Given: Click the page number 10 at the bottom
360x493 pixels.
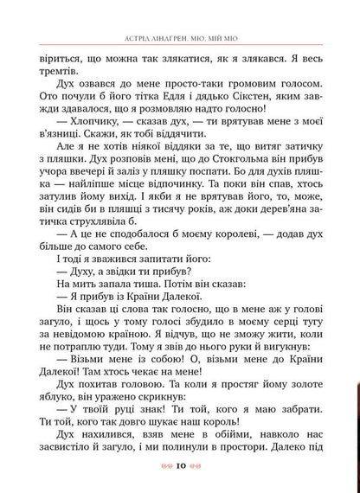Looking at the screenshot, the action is (x=180, y=467).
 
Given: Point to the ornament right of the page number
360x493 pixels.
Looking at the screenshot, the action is (x=200, y=467).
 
